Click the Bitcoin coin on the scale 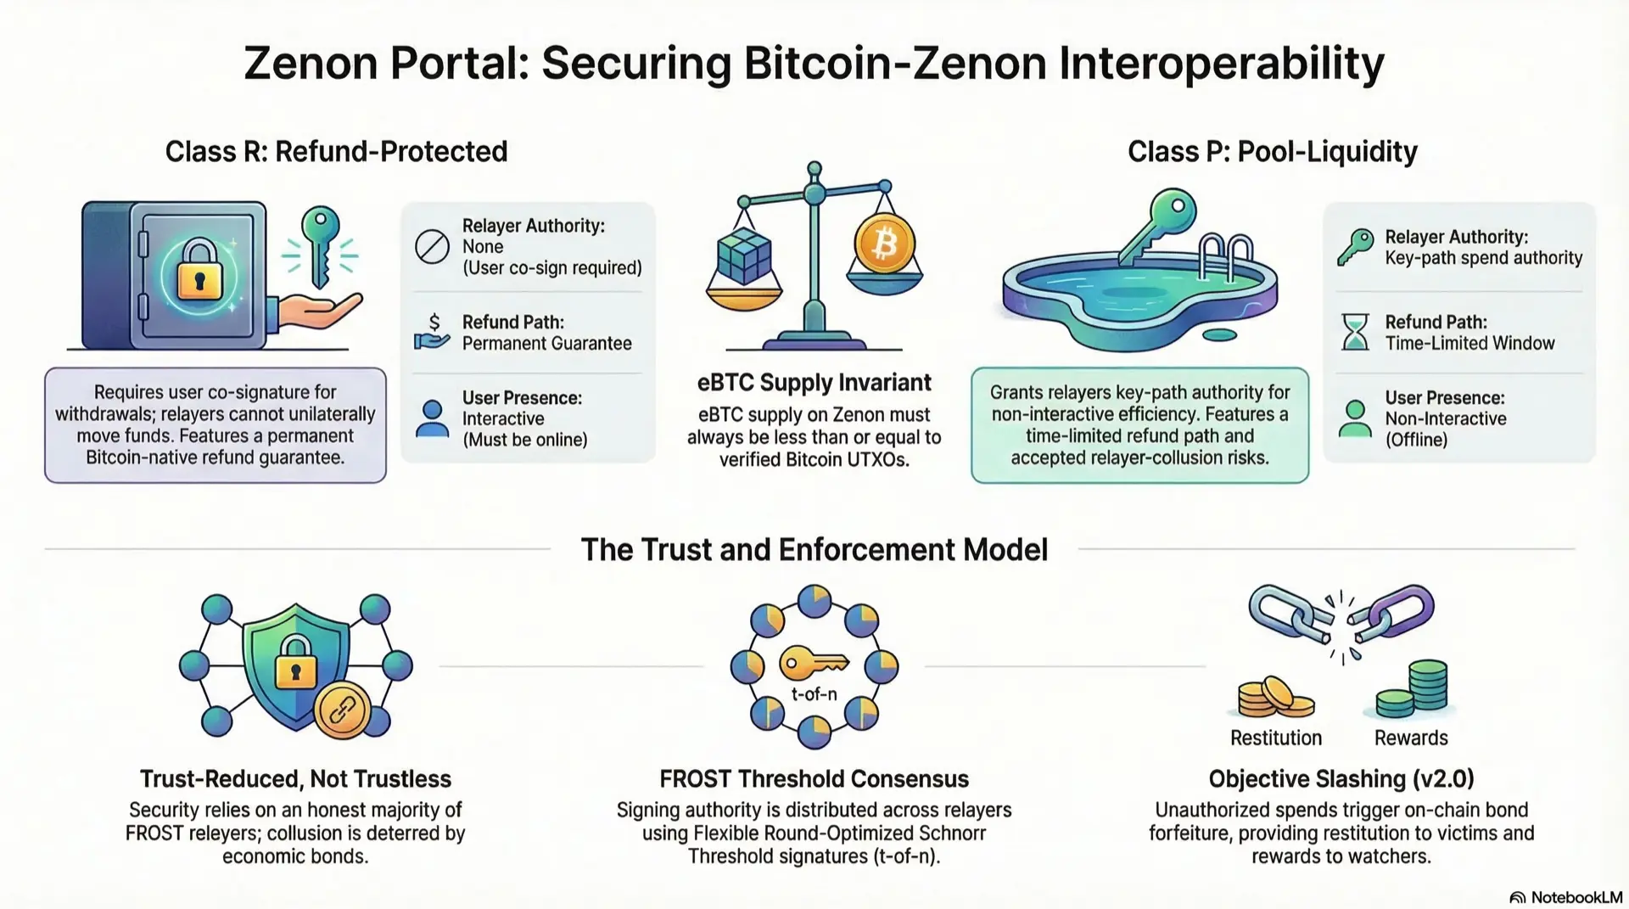click(x=884, y=244)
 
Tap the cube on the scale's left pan click(x=744, y=255)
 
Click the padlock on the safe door click(x=199, y=272)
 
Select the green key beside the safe click(x=321, y=242)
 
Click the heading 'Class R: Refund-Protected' click(x=336, y=152)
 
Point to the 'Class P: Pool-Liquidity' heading click(x=1272, y=152)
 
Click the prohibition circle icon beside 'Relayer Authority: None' click(x=432, y=247)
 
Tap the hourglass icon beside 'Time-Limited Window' click(x=1355, y=332)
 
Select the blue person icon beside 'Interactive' click(x=432, y=418)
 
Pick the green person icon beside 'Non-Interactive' click(x=1355, y=418)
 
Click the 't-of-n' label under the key click(x=814, y=694)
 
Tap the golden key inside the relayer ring click(x=812, y=663)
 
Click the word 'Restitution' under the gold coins click(x=1275, y=738)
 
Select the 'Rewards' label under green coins click(x=1410, y=738)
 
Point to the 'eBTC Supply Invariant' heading click(x=814, y=383)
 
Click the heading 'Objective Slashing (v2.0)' click(x=1341, y=778)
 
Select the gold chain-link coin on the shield click(x=342, y=710)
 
